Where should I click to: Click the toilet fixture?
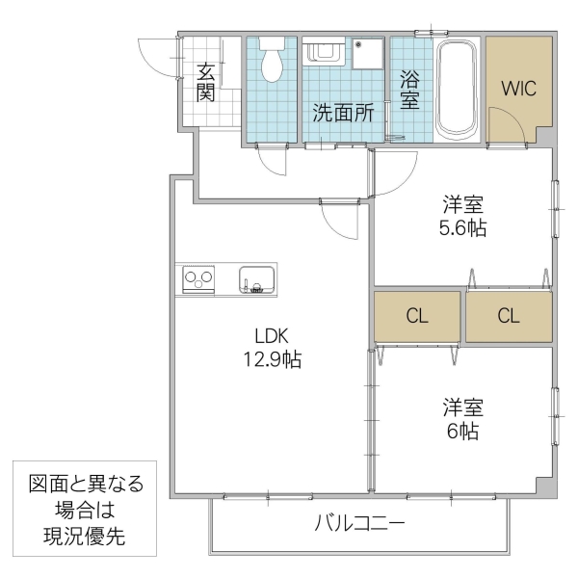(272, 60)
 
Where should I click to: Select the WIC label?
(518, 88)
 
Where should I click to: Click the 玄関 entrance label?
(205, 81)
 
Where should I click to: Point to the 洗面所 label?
(342, 112)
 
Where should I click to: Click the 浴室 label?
(408, 89)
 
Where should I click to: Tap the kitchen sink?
(257, 280)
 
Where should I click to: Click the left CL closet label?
(417, 316)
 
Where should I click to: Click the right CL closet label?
(510, 316)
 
